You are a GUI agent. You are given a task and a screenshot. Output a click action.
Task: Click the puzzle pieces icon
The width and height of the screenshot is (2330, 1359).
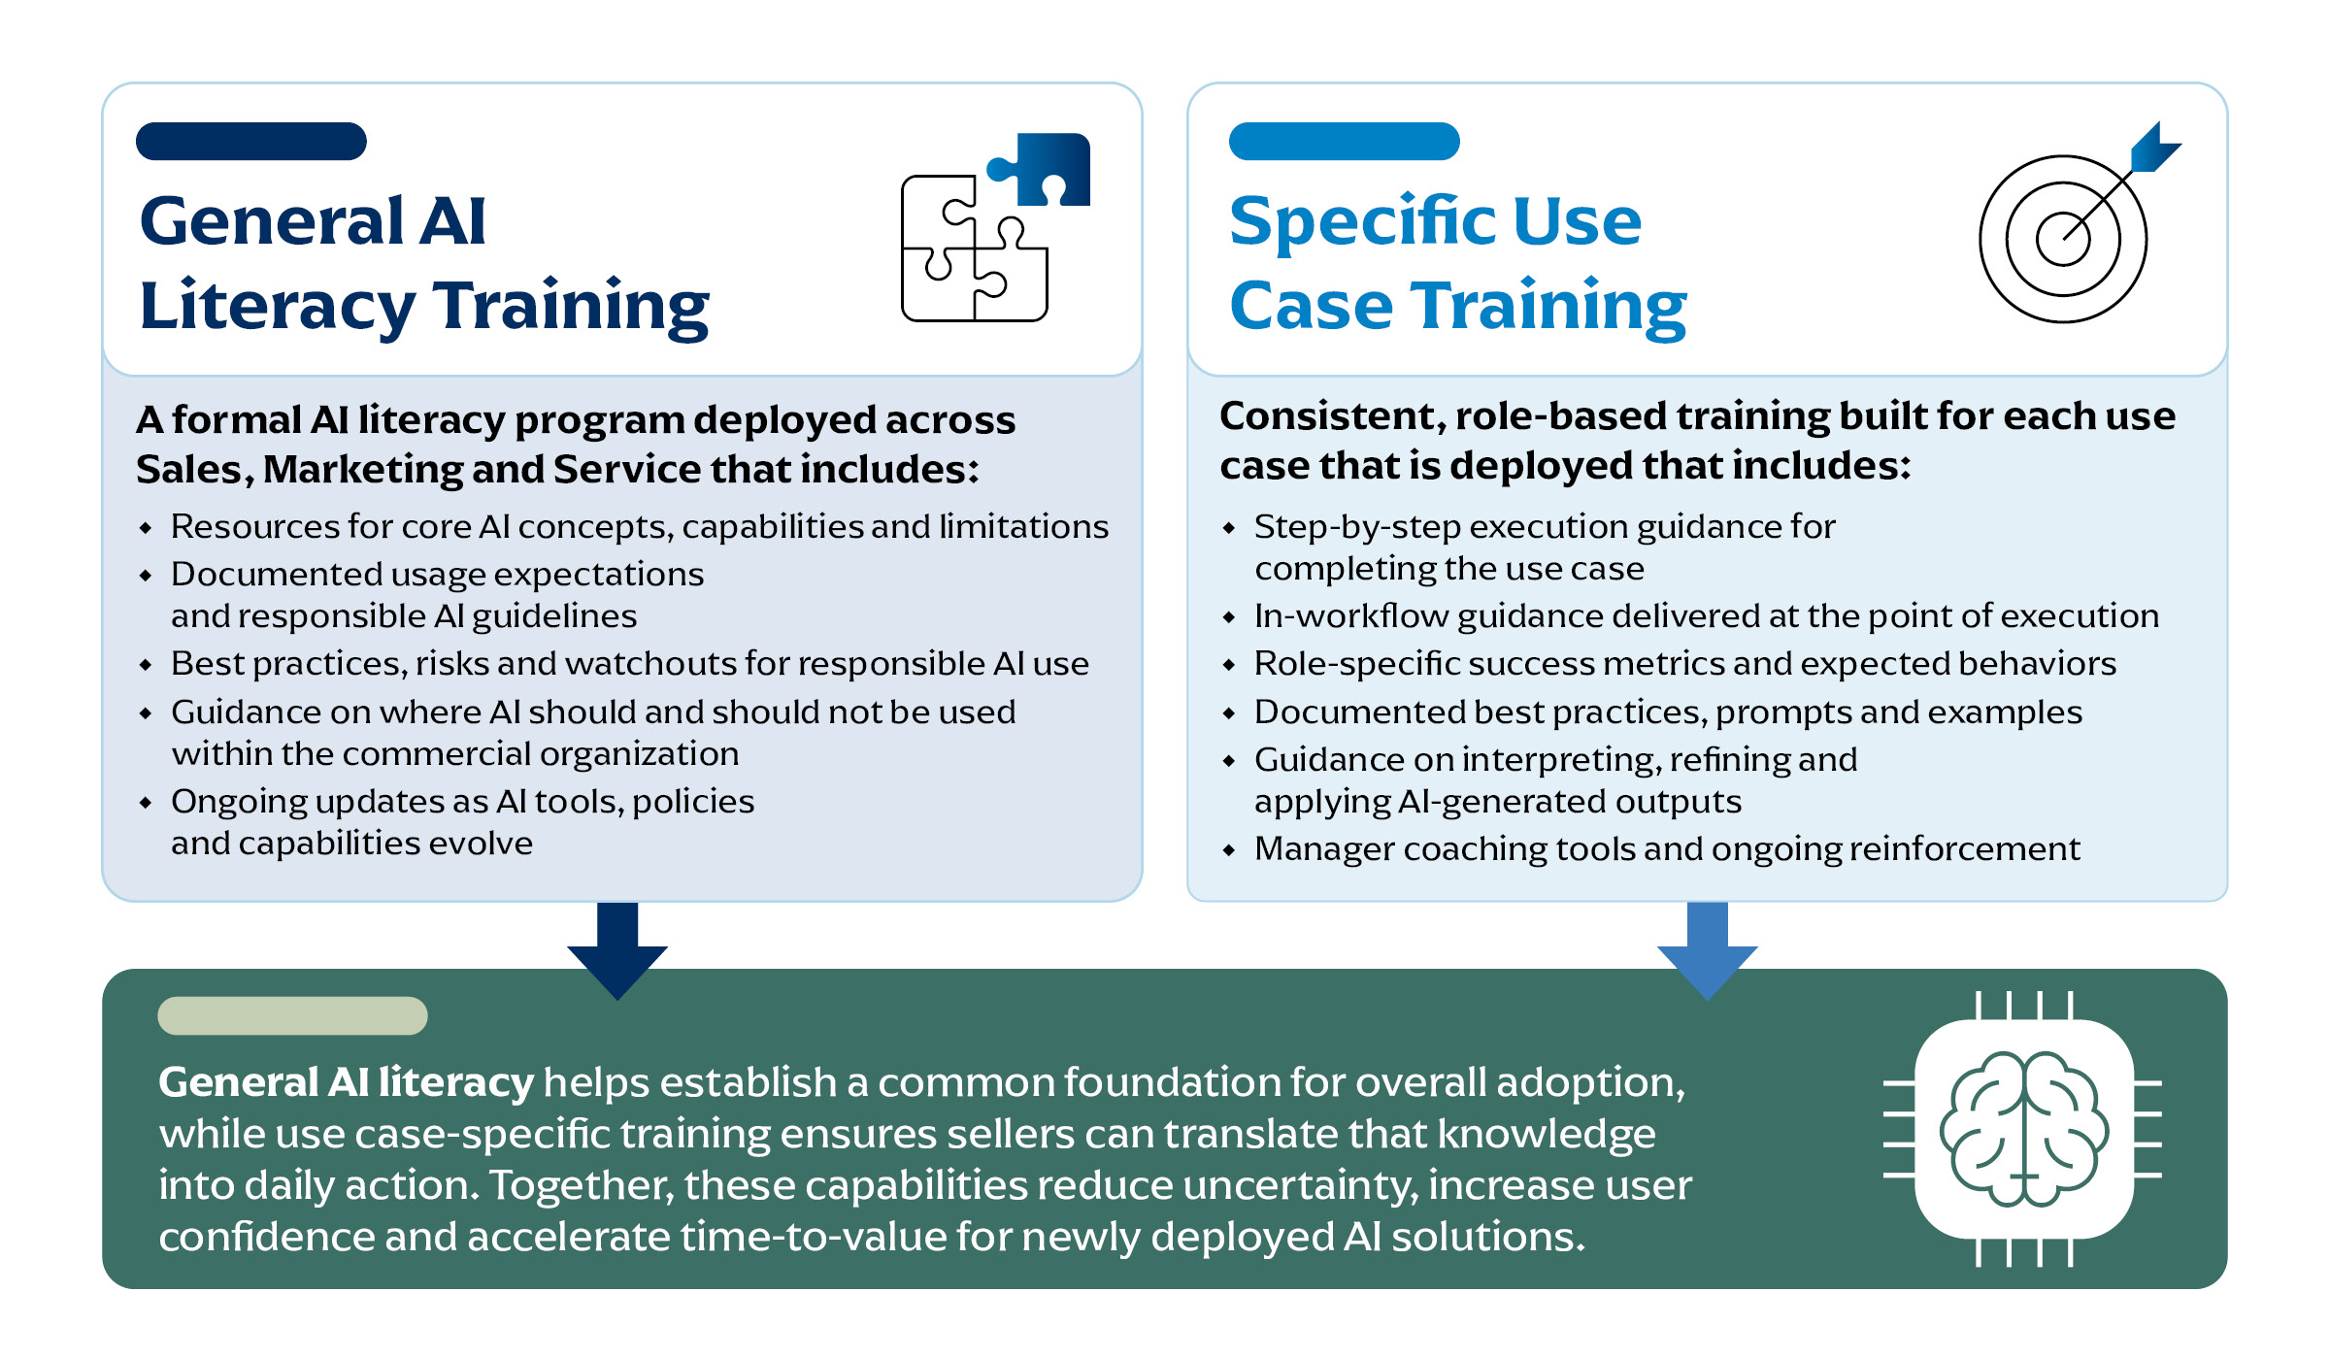click(995, 227)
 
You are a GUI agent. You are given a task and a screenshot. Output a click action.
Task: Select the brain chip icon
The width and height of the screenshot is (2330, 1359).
click(2023, 1129)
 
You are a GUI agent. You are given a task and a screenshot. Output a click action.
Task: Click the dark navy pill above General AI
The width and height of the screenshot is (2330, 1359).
click(251, 141)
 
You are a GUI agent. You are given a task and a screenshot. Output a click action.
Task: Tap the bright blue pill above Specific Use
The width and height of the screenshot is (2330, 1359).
click(1345, 141)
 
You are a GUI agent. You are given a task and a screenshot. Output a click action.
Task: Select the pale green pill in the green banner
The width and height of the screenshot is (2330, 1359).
click(292, 1015)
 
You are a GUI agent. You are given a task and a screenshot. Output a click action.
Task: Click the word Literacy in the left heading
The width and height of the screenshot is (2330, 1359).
click(278, 307)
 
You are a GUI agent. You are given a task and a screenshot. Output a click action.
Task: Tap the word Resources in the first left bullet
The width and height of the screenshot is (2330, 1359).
click(254, 526)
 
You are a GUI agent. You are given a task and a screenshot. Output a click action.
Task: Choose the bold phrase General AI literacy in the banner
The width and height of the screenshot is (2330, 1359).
click(347, 1082)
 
